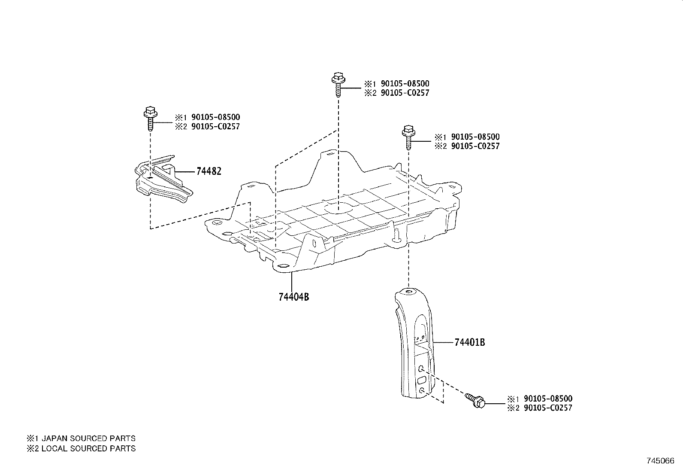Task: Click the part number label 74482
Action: point(209,171)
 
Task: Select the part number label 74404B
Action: point(294,297)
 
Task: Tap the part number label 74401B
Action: point(470,343)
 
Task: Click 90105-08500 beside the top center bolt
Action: point(405,84)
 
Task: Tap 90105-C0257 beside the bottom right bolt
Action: point(548,408)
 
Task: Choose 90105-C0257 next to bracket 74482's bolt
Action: point(215,127)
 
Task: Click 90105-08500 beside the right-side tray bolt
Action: point(475,137)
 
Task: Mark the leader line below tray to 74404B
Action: point(292,281)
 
